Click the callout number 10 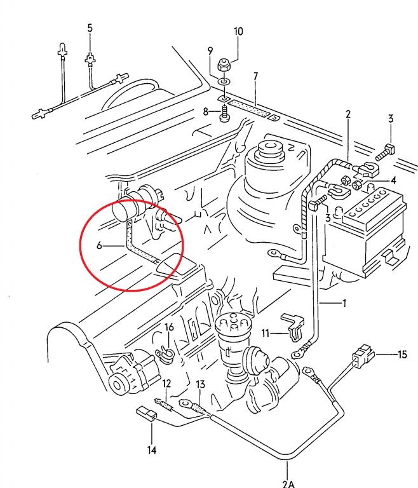[238, 32]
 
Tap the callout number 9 [210, 51]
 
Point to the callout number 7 [255, 76]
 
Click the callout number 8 [206, 112]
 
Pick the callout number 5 [90, 28]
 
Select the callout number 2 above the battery [348, 114]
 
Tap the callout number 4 [393, 180]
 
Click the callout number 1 [344, 303]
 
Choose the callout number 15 [401, 355]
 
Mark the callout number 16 [169, 327]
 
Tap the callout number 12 [166, 383]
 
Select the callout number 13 [201, 385]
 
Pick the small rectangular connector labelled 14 [147, 416]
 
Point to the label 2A [290, 482]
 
